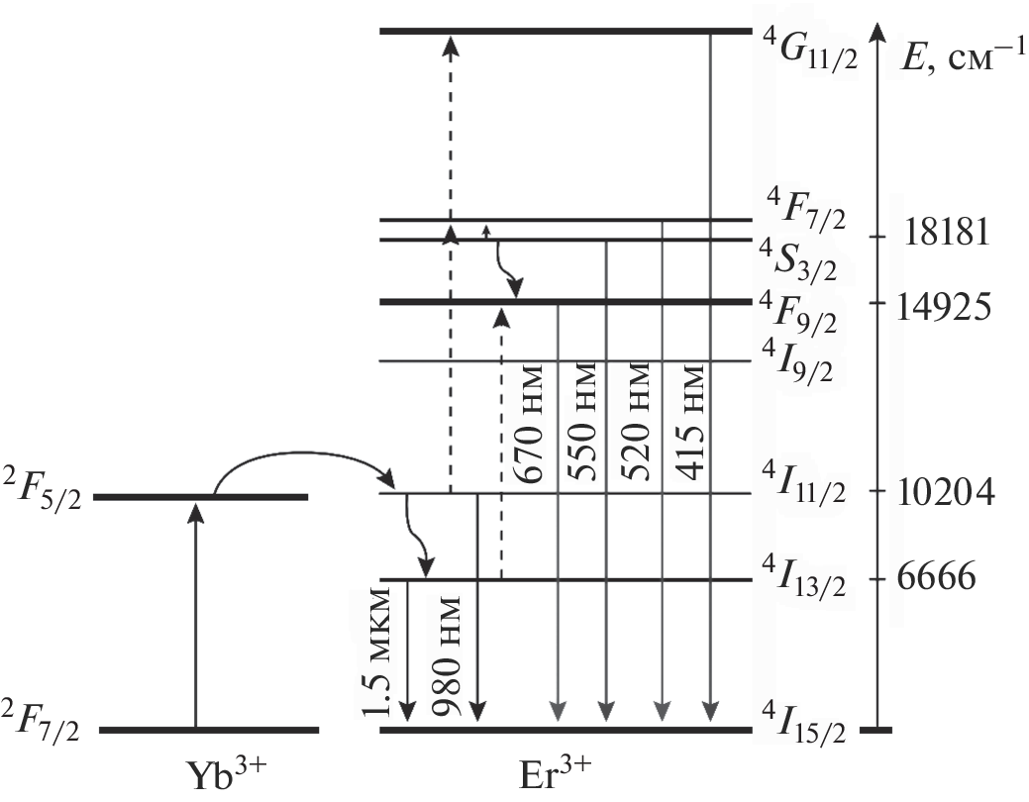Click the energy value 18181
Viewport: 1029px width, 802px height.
coord(947,236)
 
